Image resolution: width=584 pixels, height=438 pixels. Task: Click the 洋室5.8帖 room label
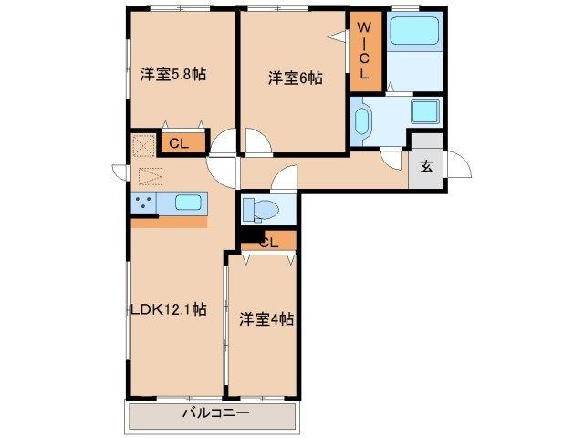(172, 74)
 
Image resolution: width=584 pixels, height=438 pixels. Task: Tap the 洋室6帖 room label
(295, 78)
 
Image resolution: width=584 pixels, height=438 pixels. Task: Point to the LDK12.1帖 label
(168, 308)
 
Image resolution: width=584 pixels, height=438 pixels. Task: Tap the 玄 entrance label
(426, 167)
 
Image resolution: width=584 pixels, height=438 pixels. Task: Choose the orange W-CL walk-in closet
(363, 51)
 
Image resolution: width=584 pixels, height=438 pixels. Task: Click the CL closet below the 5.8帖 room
(179, 142)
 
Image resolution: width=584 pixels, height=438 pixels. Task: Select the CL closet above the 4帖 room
(268, 242)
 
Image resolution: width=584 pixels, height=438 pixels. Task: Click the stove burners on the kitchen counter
(144, 203)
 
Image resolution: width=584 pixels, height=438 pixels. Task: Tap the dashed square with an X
(143, 146)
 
